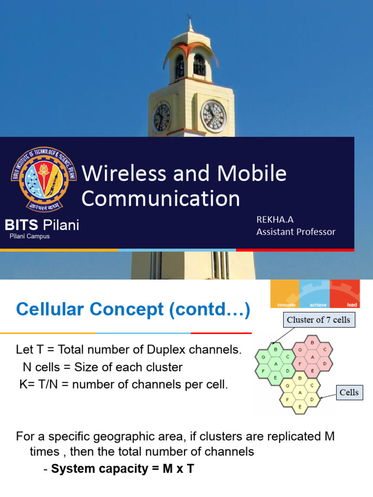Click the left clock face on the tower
(162, 118)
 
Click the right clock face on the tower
(214, 116)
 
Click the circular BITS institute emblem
(38, 178)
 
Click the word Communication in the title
(160, 199)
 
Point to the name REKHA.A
(275, 220)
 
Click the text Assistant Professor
(296, 232)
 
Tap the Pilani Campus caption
(30, 236)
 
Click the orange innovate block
(285, 294)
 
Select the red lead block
(345, 294)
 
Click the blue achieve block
(314, 294)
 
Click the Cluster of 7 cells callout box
(319, 320)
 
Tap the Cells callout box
(349, 392)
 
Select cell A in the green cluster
(275, 364)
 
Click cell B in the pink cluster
(312, 343)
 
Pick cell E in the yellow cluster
(300, 407)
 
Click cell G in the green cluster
(264, 357)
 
